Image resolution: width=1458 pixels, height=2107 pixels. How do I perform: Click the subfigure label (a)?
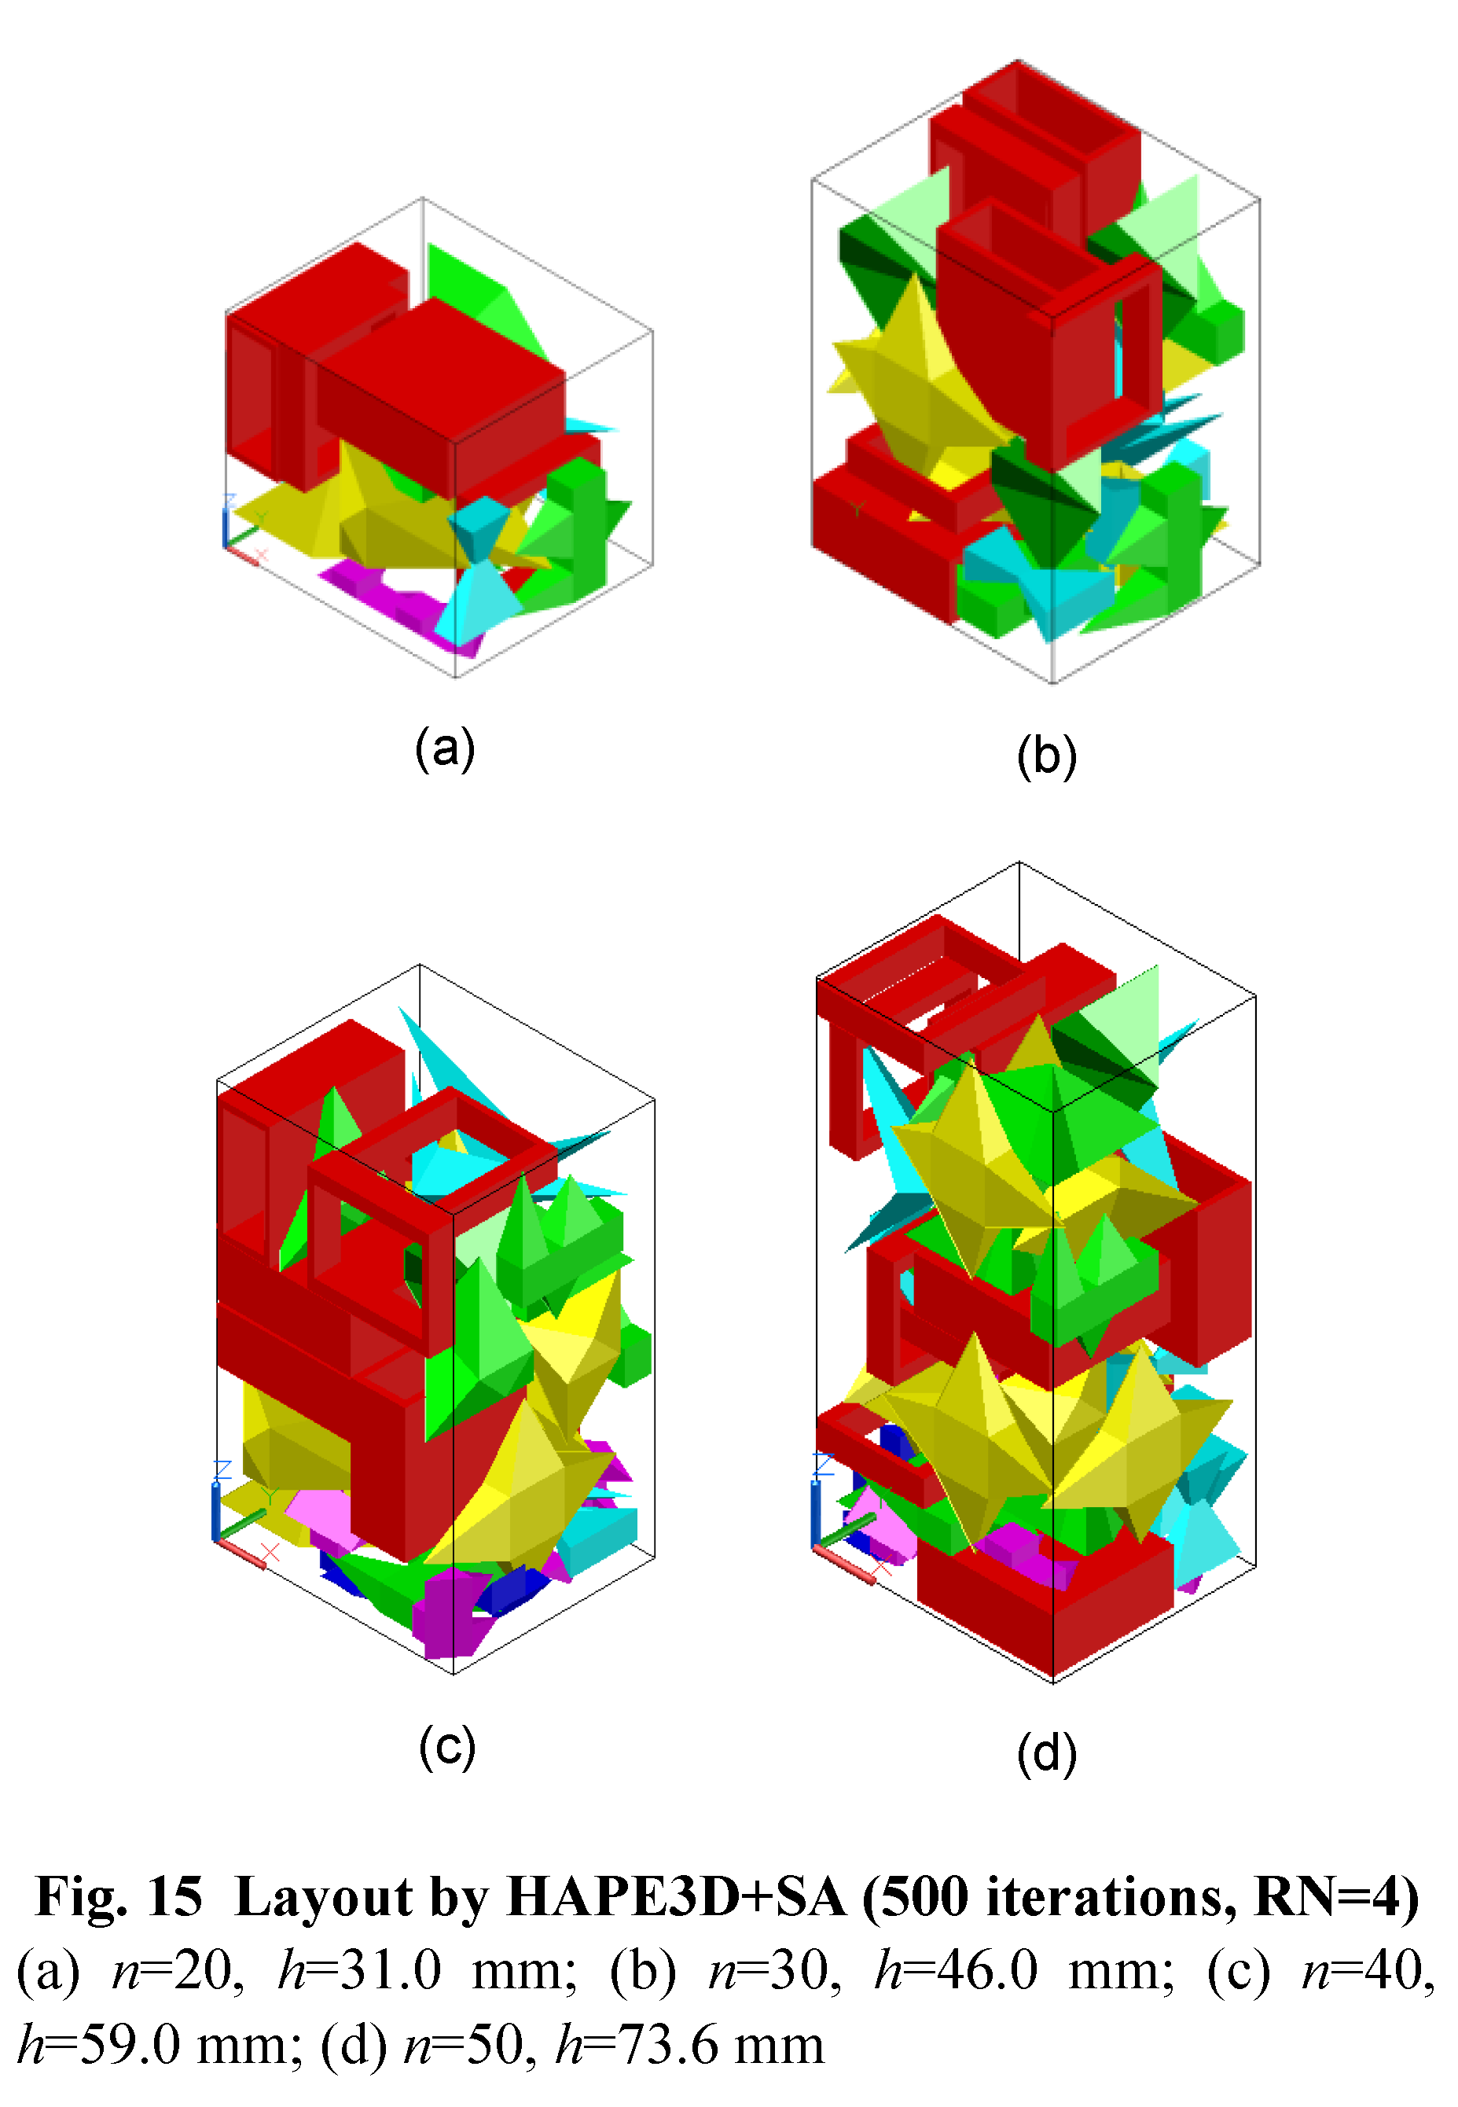(x=445, y=749)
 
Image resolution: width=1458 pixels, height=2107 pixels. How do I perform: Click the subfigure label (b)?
(x=1047, y=756)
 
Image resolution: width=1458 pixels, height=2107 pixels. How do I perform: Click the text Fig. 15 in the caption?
(x=119, y=1897)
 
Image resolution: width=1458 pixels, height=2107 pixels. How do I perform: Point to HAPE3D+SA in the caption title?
(x=675, y=1897)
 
